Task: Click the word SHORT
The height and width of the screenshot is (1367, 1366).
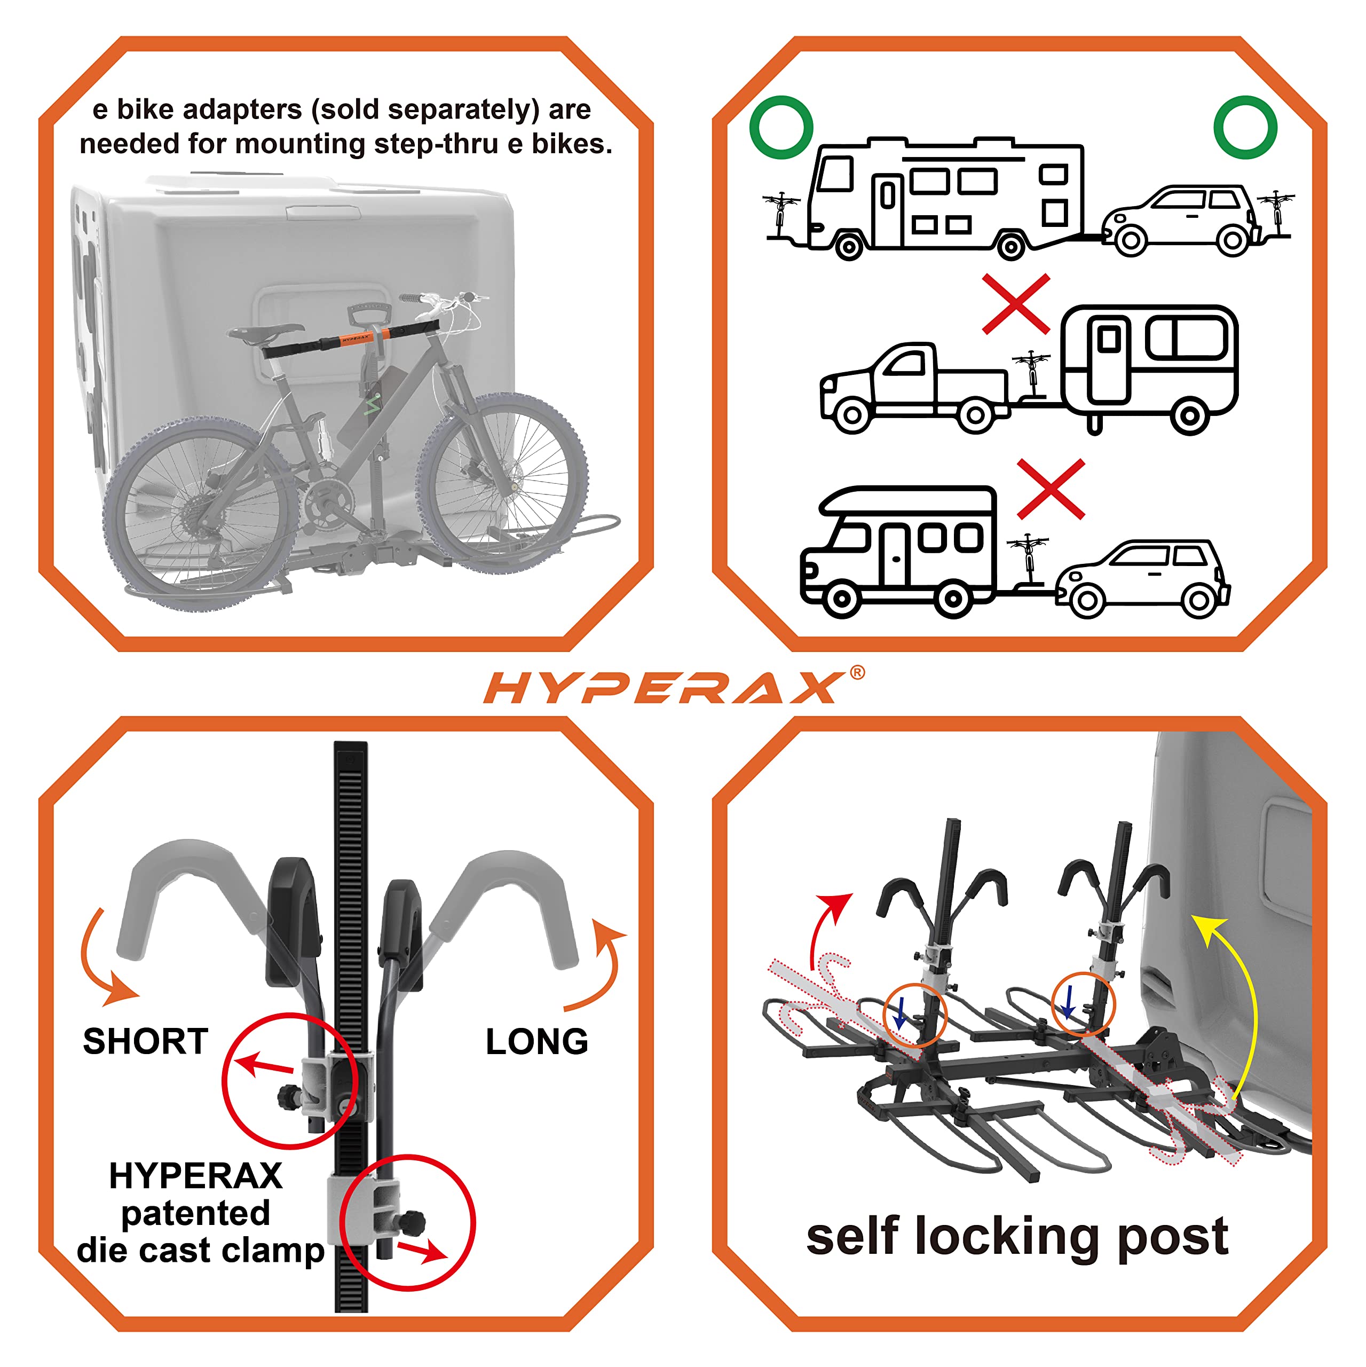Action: (x=146, y=1041)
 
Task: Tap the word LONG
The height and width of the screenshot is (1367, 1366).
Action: (x=536, y=1041)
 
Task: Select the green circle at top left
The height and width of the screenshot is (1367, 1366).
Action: (x=781, y=128)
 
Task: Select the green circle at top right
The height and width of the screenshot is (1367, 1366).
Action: (x=1245, y=128)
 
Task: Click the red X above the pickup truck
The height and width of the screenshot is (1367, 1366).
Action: (x=1016, y=304)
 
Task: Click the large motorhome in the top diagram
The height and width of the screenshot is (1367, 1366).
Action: (x=948, y=198)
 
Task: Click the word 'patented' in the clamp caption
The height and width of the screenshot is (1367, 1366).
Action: (x=195, y=1213)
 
